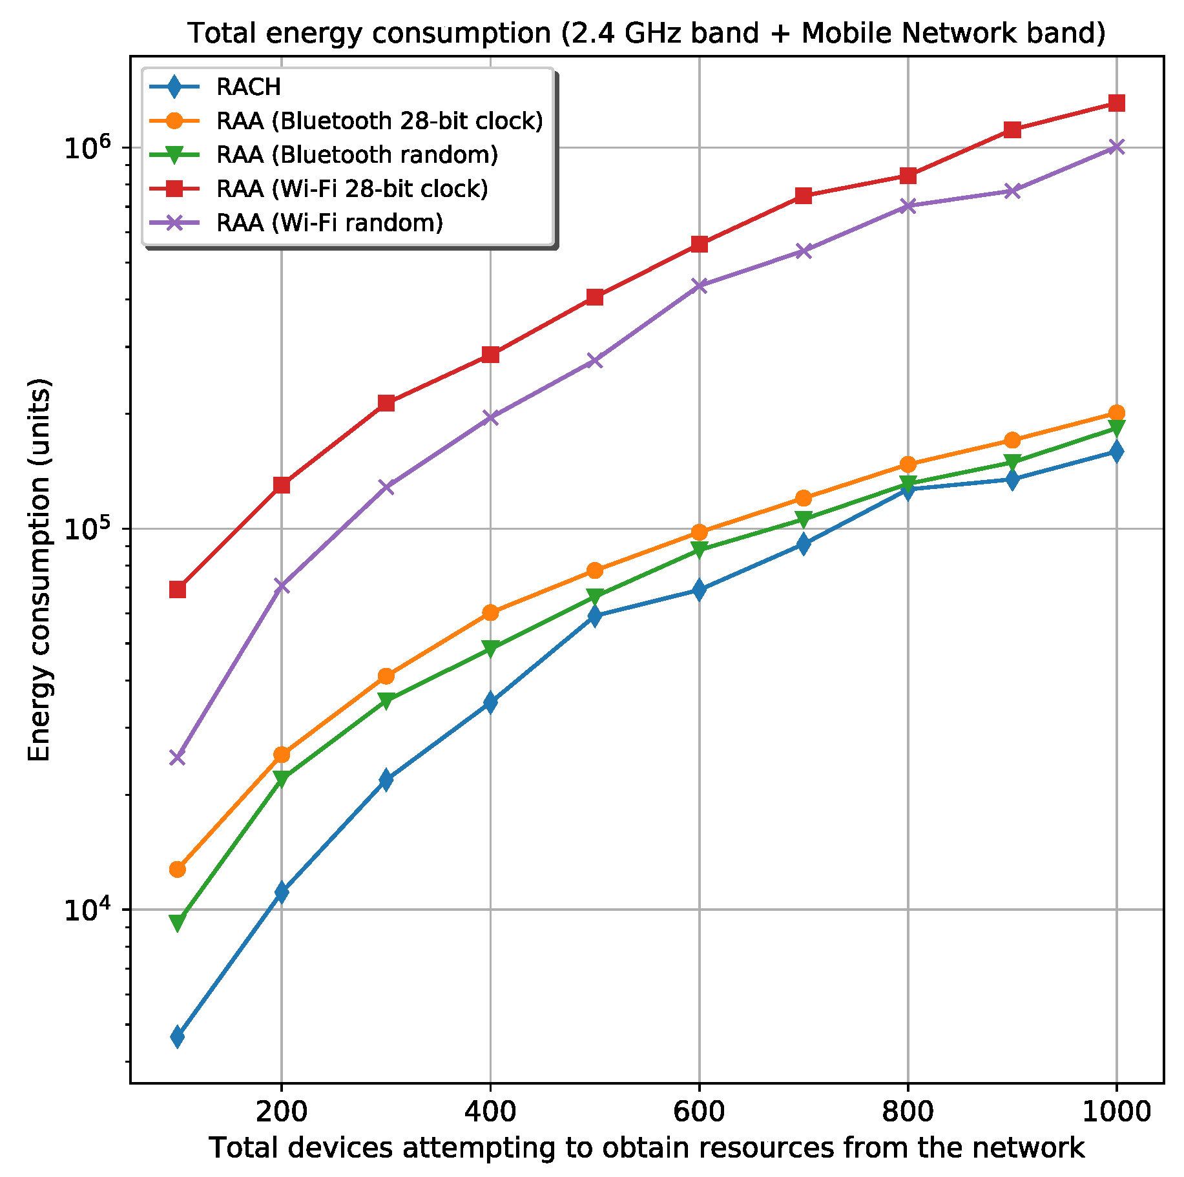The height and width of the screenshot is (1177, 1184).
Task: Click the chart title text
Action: click(646, 34)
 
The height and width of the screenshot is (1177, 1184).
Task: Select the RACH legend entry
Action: click(249, 87)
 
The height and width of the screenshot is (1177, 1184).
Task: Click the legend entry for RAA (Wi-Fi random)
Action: click(329, 223)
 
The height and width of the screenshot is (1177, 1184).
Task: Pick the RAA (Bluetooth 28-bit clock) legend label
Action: click(379, 121)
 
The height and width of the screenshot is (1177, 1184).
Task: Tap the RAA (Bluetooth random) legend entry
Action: click(357, 155)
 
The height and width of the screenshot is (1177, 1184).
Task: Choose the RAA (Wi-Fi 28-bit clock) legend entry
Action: click(352, 189)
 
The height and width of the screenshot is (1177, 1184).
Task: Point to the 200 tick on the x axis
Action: click(281, 1112)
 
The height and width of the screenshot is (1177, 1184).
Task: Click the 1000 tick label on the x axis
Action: click(1116, 1112)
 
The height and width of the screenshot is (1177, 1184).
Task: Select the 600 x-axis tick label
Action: click(699, 1112)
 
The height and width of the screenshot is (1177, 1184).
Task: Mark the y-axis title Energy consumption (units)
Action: click(39, 570)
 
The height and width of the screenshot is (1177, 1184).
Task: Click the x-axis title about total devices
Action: click(646, 1148)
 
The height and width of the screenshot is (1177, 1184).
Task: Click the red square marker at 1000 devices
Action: click(1116, 103)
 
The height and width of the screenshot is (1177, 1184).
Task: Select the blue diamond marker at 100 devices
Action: click(178, 1037)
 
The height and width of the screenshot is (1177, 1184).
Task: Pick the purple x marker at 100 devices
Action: click(178, 757)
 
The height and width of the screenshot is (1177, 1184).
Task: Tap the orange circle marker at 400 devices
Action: click(490, 612)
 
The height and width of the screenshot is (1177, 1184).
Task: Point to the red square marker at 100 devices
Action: click(178, 590)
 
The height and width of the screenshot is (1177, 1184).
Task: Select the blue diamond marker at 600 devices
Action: click(699, 590)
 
